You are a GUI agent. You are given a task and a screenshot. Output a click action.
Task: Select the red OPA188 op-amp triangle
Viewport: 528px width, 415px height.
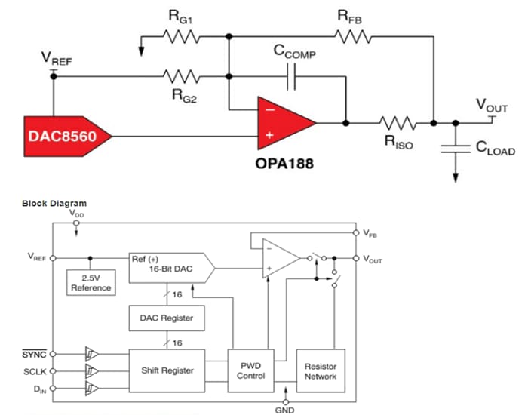coord(283,123)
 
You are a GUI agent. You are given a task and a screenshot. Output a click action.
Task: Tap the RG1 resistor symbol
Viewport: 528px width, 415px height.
coord(180,38)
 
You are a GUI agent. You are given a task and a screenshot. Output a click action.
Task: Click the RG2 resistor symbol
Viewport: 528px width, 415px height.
coord(180,75)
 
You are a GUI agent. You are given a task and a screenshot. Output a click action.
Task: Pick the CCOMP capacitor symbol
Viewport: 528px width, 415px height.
coord(293,75)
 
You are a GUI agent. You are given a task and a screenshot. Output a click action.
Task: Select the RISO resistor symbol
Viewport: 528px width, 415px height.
coord(398,122)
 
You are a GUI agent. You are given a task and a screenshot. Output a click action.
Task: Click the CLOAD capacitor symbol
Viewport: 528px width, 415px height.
coord(456,149)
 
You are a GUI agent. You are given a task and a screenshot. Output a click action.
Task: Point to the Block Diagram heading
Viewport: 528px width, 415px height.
coord(54,203)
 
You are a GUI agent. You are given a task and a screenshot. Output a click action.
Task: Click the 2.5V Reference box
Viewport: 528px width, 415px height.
coord(91,283)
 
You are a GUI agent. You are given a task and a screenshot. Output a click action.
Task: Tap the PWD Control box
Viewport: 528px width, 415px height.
coord(250,370)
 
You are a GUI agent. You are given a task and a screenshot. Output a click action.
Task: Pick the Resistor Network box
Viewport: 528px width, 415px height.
coord(320,370)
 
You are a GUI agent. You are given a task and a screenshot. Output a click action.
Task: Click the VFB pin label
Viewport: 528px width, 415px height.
coord(370,234)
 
